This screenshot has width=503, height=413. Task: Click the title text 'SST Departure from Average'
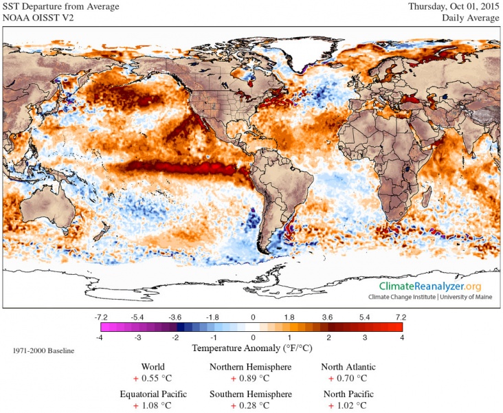(x=60, y=7)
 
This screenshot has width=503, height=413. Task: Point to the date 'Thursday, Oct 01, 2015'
(x=453, y=7)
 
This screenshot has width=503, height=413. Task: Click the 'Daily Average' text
(x=470, y=18)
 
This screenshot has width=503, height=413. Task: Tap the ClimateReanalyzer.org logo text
(x=431, y=286)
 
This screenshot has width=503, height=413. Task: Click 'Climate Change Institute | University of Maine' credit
(x=431, y=297)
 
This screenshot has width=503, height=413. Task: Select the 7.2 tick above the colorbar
(x=401, y=317)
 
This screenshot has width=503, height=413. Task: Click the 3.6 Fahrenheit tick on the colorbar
(x=326, y=317)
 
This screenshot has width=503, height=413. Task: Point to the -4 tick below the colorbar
(x=100, y=339)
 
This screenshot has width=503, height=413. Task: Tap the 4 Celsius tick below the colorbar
(x=402, y=339)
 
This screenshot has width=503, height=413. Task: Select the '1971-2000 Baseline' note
(x=43, y=351)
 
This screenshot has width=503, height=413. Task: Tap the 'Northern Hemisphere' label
(x=250, y=367)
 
